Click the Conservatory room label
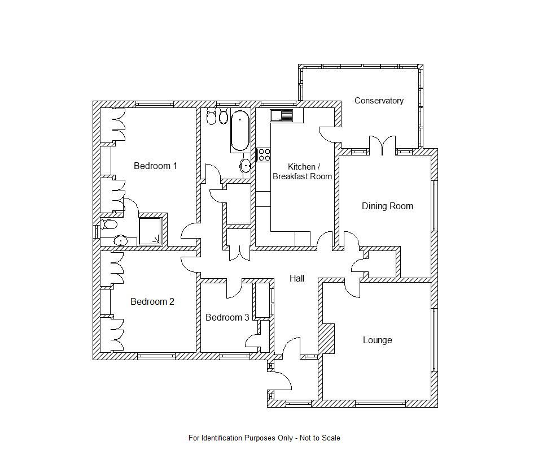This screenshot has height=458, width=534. click(x=379, y=101)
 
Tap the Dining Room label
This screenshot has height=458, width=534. click(x=387, y=206)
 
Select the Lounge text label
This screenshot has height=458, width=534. click(x=377, y=340)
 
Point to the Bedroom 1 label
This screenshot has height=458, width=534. click(x=155, y=166)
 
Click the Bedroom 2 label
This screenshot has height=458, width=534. click(x=152, y=302)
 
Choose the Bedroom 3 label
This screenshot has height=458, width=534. click(x=227, y=318)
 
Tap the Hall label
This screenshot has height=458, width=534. click(x=297, y=278)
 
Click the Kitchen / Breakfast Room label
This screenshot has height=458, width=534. click(x=303, y=171)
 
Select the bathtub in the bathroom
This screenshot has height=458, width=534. click(x=240, y=131)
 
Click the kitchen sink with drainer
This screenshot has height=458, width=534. click(x=281, y=116)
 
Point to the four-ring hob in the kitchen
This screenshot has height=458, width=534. click(x=263, y=155)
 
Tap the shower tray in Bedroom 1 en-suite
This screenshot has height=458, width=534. click(x=150, y=231)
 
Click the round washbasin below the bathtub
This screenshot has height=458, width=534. click(x=246, y=166)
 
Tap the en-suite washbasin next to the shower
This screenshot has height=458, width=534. click(x=120, y=241)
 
